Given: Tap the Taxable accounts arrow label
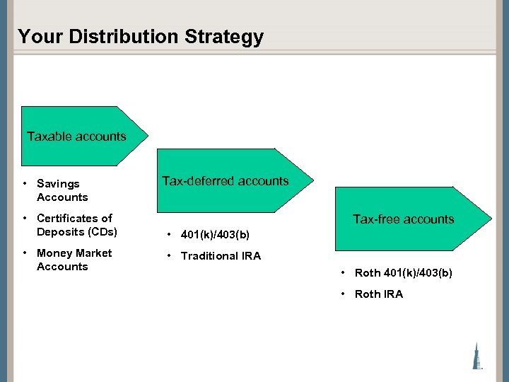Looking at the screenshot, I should pyautogui.click(x=76, y=137).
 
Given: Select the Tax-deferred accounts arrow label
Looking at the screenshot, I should pyautogui.click(x=226, y=181).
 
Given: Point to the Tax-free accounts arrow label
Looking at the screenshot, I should pyautogui.click(x=403, y=219).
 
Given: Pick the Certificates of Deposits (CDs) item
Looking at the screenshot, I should pyautogui.click(x=76, y=225).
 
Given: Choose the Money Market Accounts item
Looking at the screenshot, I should pyautogui.click(x=74, y=260).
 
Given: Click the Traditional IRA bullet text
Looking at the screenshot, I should pyautogui.click(x=221, y=256).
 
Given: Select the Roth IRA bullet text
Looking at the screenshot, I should pyautogui.click(x=378, y=294).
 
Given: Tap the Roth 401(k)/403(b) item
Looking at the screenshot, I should pyautogui.click(x=403, y=273).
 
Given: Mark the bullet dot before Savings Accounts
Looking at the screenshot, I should pyautogui.click(x=25, y=184).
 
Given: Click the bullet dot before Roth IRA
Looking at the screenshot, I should pyautogui.click(x=343, y=294).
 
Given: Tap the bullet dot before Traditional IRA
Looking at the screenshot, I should pyautogui.click(x=169, y=256).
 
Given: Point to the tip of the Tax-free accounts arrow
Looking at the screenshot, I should pyautogui.click(x=491, y=219).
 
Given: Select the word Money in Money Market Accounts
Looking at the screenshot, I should pyautogui.click(x=54, y=253).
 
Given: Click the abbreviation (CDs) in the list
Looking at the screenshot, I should pyautogui.click(x=102, y=232).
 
